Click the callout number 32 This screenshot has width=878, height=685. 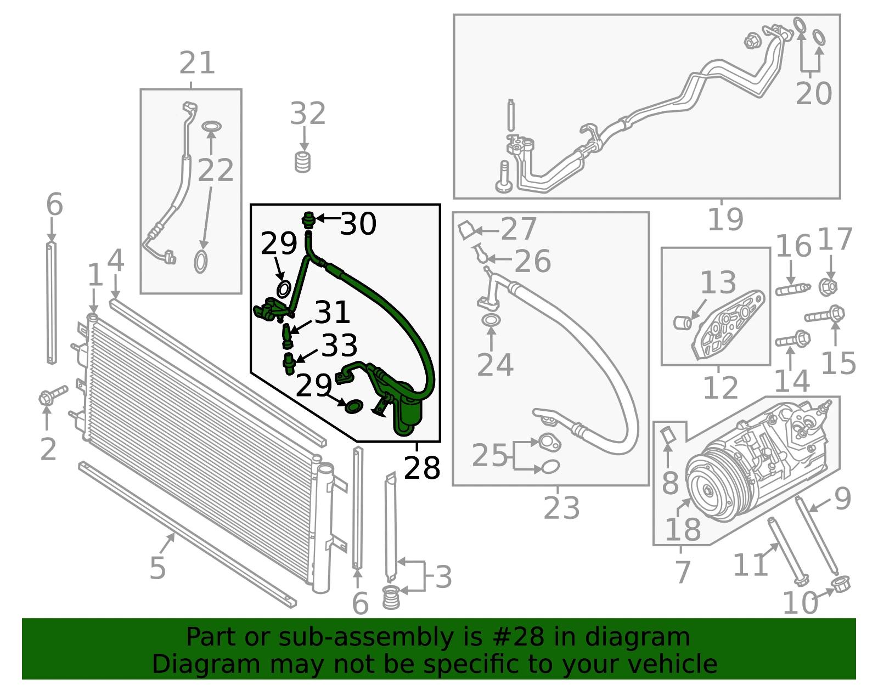[x=307, y=114]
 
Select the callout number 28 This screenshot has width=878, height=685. [x=421, y=468]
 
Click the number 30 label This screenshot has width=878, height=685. [x=358, y=224]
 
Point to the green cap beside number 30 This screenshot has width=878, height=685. [x=309, y=219]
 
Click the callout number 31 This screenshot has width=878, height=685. [x=332, y=312]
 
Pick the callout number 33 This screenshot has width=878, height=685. [x=339, y=345]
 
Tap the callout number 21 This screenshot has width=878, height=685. [x=197, y=63]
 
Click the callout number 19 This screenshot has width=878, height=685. [x=725, y=219]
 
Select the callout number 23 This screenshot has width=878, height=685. [x=561, y=508]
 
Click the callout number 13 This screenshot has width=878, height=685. [x=718, y=282]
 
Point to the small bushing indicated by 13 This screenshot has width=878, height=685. [x=683, y=323]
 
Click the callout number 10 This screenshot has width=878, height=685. [x=801, y=603]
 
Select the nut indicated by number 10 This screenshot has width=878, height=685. [x=841, y=585]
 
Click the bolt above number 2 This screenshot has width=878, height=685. [x=53, y=395]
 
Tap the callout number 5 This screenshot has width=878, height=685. [x=157, y=568]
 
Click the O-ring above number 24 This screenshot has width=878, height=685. [x=491, y=320]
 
